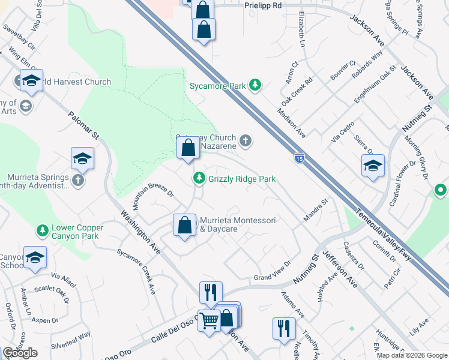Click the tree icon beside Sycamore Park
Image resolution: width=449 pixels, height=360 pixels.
point(255,85)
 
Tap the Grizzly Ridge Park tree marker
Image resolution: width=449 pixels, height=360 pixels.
point(199,178)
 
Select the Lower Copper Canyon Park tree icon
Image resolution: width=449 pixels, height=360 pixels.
point(43,230)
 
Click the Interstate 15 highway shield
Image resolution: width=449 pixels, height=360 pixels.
point(299,158)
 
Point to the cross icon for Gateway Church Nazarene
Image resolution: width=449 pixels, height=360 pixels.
point(245,142)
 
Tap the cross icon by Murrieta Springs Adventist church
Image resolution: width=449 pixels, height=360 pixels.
point(77,180)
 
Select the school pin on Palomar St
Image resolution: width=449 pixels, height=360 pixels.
point(83,159)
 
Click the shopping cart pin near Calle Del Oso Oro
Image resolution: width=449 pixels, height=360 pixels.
point(209,321)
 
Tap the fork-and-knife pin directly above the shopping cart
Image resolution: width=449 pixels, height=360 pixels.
point(211,293)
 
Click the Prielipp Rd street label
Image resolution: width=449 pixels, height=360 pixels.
point(263,5)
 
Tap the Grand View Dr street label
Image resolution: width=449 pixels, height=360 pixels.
point(272,271)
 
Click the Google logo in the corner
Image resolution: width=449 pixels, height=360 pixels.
point(20,353)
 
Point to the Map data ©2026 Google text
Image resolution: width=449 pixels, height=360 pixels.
point(411,355)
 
